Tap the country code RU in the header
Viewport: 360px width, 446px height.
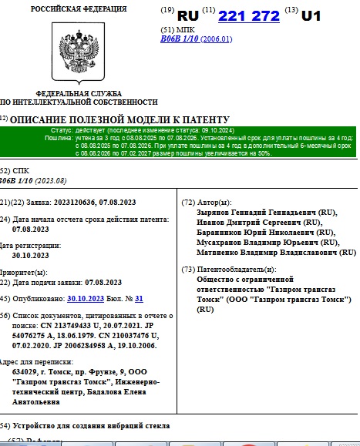point(188,15)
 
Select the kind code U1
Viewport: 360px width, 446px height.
point(311,15)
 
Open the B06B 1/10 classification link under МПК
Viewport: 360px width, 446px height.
point(179,39)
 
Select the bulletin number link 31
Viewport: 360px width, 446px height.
point(139,298)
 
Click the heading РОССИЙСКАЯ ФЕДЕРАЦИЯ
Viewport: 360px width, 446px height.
point(79,8)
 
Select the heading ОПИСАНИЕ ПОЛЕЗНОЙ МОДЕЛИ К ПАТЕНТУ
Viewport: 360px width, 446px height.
point(119,119)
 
